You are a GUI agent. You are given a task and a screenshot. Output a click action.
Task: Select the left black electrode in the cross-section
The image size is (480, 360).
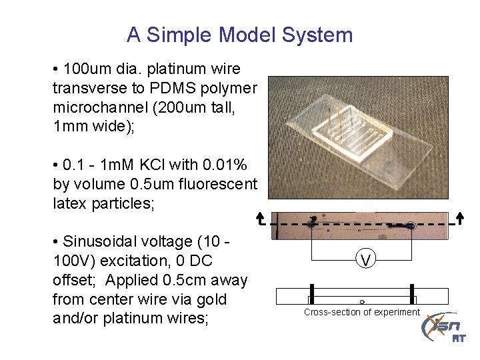click(311, 294)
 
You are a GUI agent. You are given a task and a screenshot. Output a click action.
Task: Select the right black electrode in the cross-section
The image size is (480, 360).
click(412, 294)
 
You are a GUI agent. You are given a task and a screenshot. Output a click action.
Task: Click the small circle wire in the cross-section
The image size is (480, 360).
click(361, 301)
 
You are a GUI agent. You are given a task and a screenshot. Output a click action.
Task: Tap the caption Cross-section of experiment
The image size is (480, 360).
click(362, 313)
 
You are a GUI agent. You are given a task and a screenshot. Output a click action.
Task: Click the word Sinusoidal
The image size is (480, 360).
click(110, 242)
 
